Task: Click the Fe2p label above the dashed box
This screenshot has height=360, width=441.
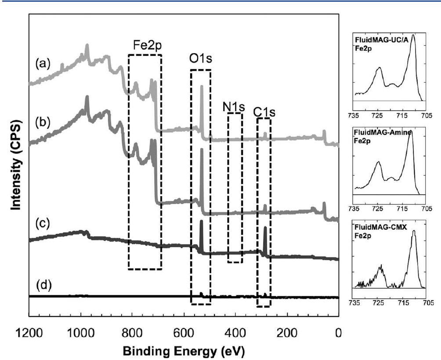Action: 145,46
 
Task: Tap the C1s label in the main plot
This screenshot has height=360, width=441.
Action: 264,112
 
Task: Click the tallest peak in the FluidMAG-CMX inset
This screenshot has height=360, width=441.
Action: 413,231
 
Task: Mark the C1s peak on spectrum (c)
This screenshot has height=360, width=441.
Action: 265,228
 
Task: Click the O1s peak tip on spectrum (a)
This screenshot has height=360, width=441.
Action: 202,87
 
